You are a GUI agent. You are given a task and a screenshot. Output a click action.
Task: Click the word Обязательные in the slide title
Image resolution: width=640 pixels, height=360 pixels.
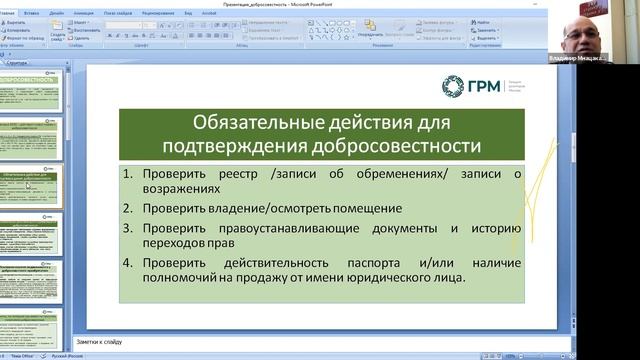tap(240, 125)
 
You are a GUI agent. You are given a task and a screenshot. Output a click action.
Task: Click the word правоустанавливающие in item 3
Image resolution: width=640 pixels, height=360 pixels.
tap(271, 228)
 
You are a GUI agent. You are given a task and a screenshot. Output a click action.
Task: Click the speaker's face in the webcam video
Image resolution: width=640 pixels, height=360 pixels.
tap(584, 38)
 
